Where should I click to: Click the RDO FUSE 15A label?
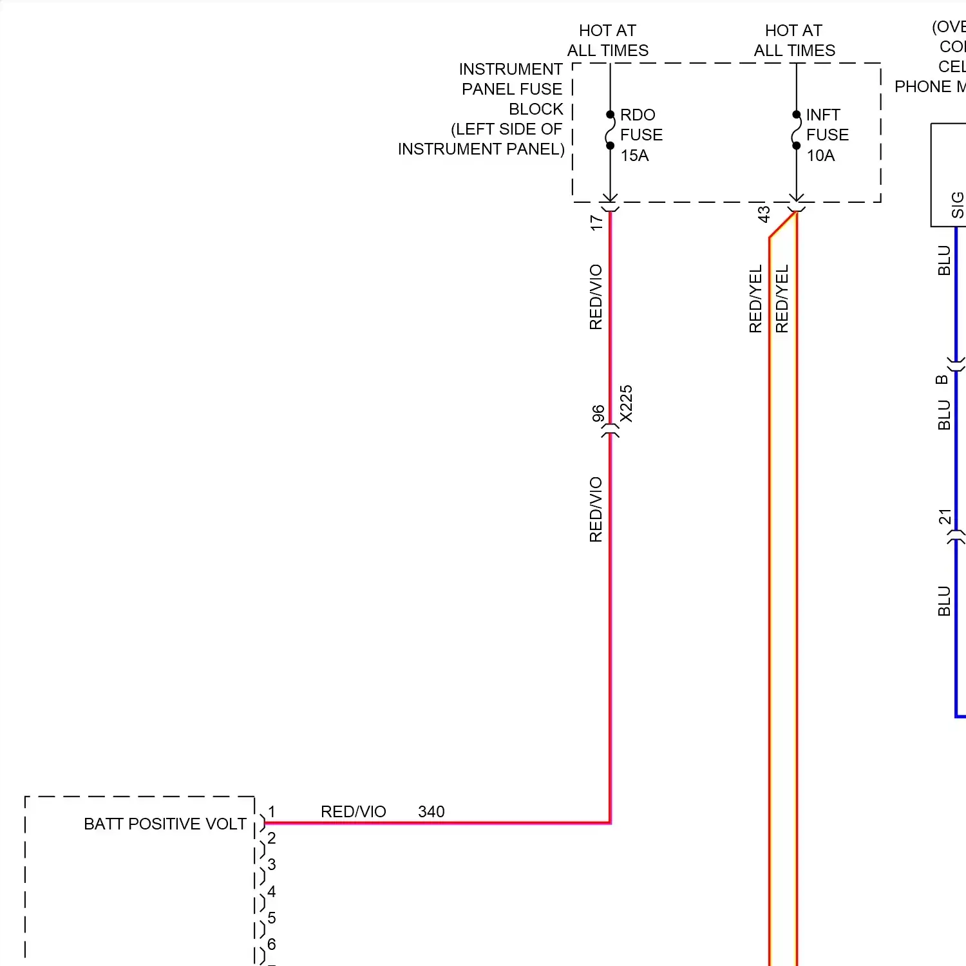click(x=640, y=135)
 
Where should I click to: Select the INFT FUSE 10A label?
click(x=826, y=135)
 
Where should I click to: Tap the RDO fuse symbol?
click(x=610, y=130)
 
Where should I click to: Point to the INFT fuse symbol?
click(x=796, y=130)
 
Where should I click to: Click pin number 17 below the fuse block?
click(x=596, y=222)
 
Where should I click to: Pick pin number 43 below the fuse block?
click(x=764, y=214)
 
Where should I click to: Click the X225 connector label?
click(x=626, y=404)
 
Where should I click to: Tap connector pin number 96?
click(x=598, y=413)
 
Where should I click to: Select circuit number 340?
click(x=431, y=811)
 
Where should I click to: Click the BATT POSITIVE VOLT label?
click(x=165, y=824)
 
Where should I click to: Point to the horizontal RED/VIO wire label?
click(x=353, y=811)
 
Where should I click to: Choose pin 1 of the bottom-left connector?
click(x=272, y=812)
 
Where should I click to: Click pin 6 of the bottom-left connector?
click(x=272, y=944)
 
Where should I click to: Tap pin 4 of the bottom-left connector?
click(x=272, y=891)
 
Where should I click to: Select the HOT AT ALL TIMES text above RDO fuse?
click(x=607, y=40)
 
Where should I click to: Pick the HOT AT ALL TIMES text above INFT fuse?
click(x=794, y=40)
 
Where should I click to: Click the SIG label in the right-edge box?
click(x=957, y=205)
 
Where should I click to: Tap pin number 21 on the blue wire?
click(x=944, y=516)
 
